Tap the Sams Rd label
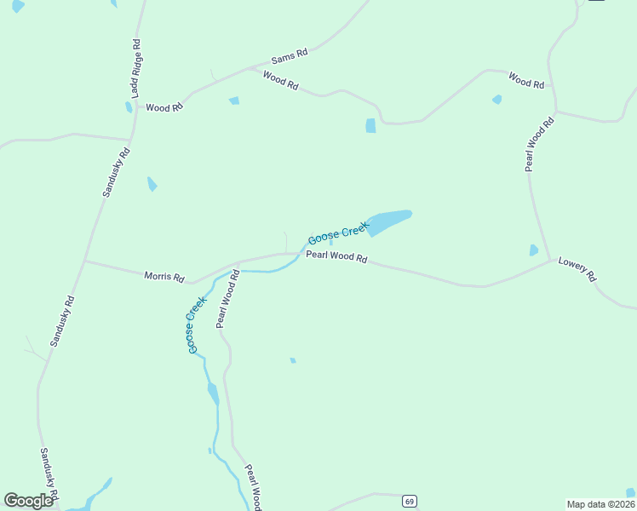click(x=289, y=56)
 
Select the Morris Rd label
click(x=164, y=277)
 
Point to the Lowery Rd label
click(x=578, y=270)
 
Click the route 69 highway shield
click(x=410, y=501)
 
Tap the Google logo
click(x=29, y=501)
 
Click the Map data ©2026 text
click(x=600, y=504)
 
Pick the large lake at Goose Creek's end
click(x=389, y=220)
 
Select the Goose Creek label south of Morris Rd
click(x=197, y=324)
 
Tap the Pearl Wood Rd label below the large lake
click(x=336, y=256)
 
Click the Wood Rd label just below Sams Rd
click(x=280, y=82)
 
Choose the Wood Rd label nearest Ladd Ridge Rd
click(x=164, y=108)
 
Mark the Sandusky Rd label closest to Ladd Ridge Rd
click(x=116, y=173)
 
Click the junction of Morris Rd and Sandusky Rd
click(x=84, y=260)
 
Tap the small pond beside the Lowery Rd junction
click(x=534, y=250)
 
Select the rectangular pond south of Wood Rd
click(x=370, y=126)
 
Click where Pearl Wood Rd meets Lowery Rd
click(x=552, y=260)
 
